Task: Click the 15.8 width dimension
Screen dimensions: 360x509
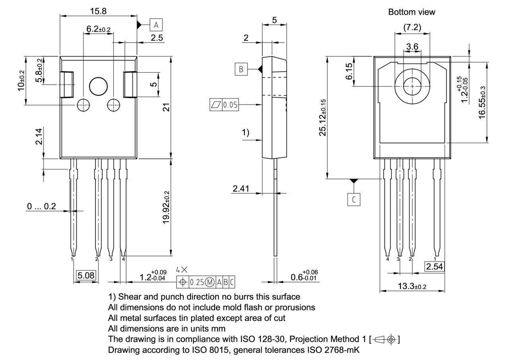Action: (98, 11)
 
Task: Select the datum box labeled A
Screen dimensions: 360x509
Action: (156, 25)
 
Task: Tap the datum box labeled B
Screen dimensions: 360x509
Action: (241, 69)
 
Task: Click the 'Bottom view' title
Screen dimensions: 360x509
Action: (412, 12)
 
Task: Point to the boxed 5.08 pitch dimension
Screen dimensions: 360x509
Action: (86, 275)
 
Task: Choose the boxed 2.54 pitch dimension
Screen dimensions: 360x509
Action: (434, 267)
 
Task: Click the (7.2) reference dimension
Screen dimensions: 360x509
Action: (412, 27)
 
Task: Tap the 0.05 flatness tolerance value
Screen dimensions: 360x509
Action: (230, 105)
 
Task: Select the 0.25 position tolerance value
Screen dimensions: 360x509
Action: (196, 282)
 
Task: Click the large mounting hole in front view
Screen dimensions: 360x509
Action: (99, 86)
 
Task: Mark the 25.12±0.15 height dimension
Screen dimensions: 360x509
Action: (322, 118)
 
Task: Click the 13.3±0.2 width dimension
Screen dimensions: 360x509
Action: (412, 286)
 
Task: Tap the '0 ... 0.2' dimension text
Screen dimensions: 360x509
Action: (42, 206)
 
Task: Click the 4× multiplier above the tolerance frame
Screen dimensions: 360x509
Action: (181, 270)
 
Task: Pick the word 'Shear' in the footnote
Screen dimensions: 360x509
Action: (130, 297)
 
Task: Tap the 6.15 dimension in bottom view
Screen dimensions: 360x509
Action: (349, 71)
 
